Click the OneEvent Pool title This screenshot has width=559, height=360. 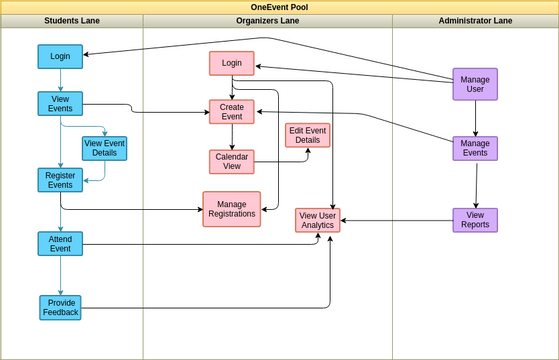pyautogui.click(x=279, y=7)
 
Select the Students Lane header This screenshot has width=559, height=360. pyautogui.click(x=72, y=21)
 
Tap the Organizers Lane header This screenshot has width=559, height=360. pyautogui.click(x=267, y=21)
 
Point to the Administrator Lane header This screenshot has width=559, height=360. pyautogui.click(x=475, y=21)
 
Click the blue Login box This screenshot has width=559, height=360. pyautogui.click(x=60, y=57)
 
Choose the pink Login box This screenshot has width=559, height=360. pyautogui.click(x=231, y=63)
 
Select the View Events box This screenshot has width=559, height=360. pyautogui.click(x=60, y=103)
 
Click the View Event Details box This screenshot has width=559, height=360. pyautogui.click(x=104, y=148)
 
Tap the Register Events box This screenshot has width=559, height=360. pyautogui.click(x=60, y=180)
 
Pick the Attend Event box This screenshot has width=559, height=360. pyautogui.click(x=60, y=243)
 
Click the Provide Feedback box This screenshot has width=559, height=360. pyautogui.click(x=60, y=307)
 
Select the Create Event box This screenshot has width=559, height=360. pyautogui.click(x=231, y=111)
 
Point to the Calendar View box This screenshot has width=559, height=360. pyautogui.click(x=231, y=161)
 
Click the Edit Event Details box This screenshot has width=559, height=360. pyautogui.click(x=307, y=135)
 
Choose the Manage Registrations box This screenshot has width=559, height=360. pyautogui.click(x=231, y=209)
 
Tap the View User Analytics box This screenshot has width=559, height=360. pyautogui.click(x=317, y=220)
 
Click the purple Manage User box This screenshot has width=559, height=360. pyautogui.click(x=475, y=84)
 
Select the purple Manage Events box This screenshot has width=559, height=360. pyautogui.click(x=475, y=148)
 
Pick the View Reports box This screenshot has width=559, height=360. pyautogui.click(x=475, y=220)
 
